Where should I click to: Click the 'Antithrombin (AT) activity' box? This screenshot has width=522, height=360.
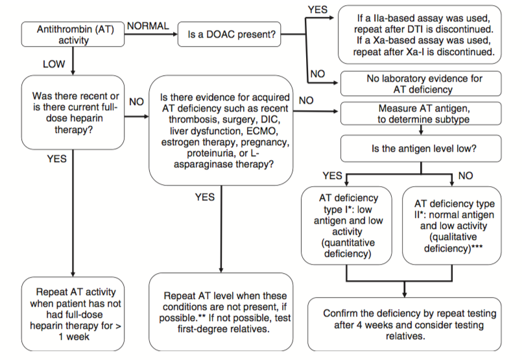coord(73,34)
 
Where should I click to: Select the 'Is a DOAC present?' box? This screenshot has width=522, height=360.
coord(230,34)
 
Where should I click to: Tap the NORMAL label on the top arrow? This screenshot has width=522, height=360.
coord(148,26)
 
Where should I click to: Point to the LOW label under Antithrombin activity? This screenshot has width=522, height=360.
coord(54,64)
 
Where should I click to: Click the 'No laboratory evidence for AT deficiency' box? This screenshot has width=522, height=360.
coord(421,84)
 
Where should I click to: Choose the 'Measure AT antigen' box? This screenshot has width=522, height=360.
coord(421,114)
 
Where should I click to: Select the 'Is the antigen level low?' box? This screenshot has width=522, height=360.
coord(421,149)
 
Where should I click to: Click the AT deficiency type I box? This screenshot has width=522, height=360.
coord(346,226)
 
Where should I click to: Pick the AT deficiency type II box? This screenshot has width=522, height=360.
coord(452,226)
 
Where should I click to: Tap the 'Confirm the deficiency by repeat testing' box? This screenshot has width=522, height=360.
coord(405,324)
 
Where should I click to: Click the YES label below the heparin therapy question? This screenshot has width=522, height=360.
coord(57,159)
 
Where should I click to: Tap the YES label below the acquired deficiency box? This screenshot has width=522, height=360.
coord(205,197)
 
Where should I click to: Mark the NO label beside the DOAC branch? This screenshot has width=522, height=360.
coord(318,73)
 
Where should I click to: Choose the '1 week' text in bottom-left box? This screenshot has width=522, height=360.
coord(74,337)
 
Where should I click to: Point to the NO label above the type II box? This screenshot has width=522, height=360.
coord(466,176)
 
